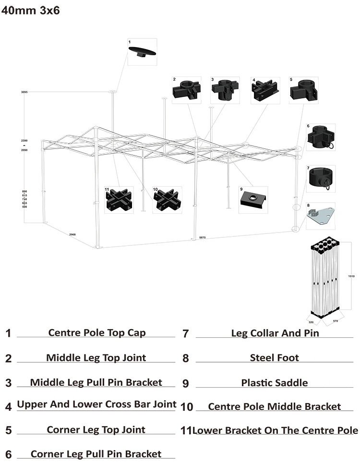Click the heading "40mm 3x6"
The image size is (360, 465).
point(31,11)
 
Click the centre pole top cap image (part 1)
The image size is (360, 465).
point(142,52)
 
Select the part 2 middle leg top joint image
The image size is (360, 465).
point(186,90)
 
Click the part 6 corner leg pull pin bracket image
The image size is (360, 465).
point(321,137)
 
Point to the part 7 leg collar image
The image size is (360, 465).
point(321,178)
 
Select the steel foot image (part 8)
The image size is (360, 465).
point(321,216)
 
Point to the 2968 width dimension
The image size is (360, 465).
point(72,234)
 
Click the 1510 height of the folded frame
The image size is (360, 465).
point(351,276)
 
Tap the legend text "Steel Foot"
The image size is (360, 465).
point(274,358)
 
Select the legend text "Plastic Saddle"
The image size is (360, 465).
point(274,383)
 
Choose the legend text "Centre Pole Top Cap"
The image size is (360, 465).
point(97,332)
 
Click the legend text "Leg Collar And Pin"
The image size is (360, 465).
point(275,332)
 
